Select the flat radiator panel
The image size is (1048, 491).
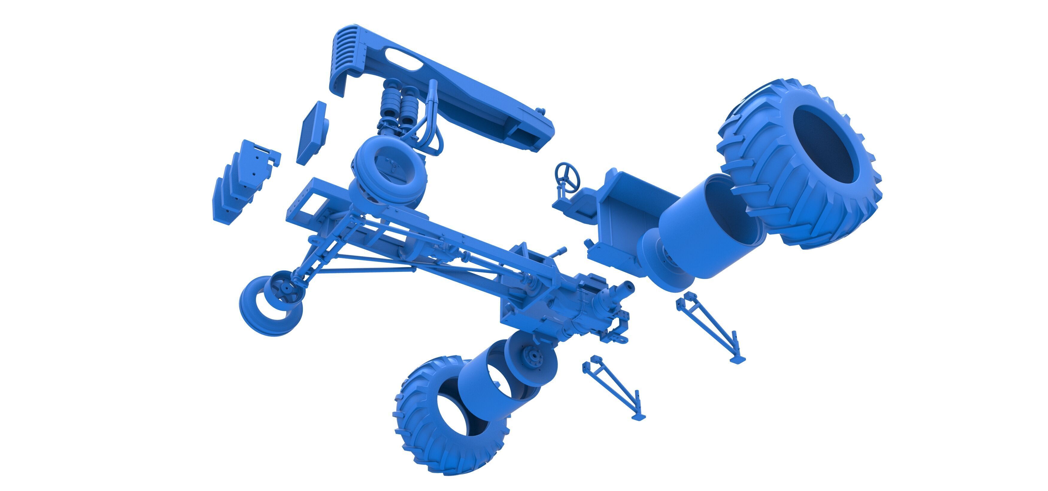point(311,132)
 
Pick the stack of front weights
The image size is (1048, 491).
point(240,183)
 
